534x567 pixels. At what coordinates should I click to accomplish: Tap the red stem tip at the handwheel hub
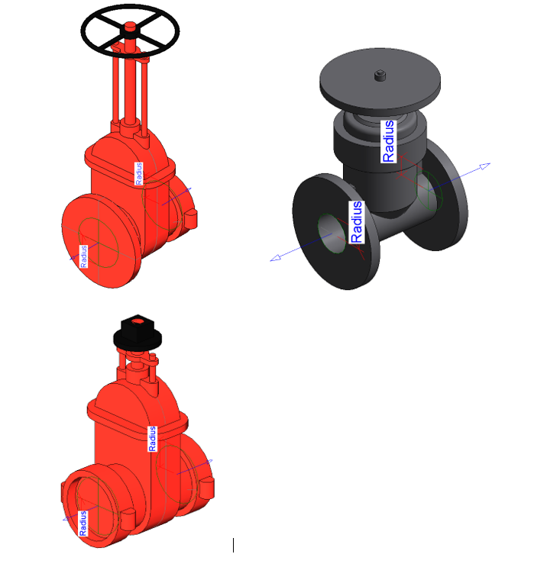pos(130,27)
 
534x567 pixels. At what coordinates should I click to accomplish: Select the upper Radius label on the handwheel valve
pos(139,173)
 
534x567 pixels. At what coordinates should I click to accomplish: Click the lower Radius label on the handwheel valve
pos(83,256)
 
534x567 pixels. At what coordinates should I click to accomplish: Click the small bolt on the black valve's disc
pos(380,76)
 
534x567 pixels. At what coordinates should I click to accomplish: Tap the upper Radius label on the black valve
pos(388,141)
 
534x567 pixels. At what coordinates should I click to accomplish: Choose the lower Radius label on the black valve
pos(357,222)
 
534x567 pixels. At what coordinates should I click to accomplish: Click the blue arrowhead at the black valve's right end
pos(485,166)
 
